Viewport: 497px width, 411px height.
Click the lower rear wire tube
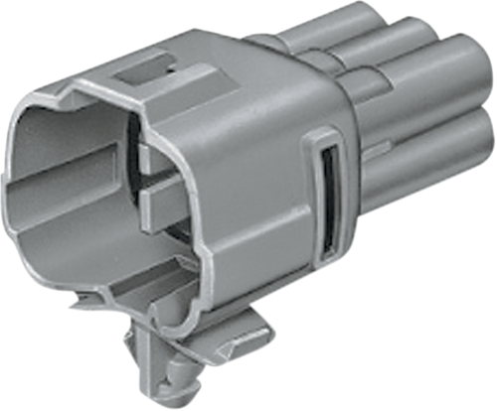click(437, 169)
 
